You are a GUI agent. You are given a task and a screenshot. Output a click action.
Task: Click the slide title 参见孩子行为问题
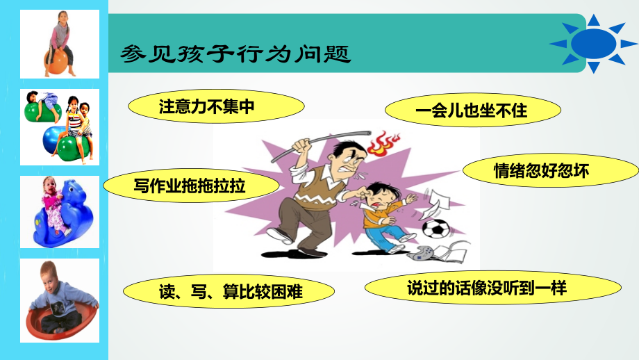[235, 54]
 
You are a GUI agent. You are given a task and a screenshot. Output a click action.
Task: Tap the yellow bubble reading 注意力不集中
[217, 106]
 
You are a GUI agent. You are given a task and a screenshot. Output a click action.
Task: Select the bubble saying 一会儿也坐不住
[473, 110]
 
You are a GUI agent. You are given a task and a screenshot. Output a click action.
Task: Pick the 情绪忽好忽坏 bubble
[551, 170]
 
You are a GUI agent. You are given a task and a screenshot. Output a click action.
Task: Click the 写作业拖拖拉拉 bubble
[191, 186]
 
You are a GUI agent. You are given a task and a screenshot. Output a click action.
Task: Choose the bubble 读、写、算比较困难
[229, 291]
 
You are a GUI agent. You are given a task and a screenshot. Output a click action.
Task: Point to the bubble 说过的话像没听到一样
[493, 288]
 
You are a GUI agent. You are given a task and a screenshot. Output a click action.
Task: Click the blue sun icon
[593, 43]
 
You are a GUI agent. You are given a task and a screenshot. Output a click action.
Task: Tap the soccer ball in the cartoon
[435, 229]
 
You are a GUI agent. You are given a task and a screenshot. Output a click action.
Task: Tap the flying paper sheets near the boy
[434, 204]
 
